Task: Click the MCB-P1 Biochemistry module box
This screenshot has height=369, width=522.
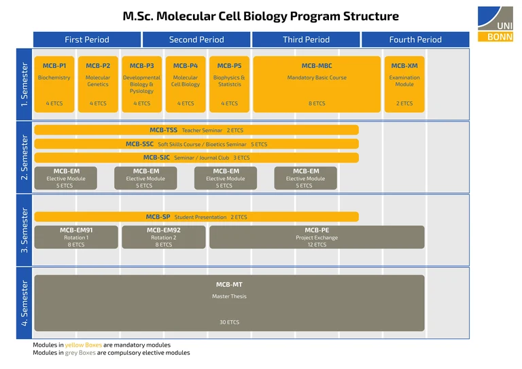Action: pos(54,84)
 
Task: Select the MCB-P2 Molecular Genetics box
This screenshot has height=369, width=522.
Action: pos(98,84)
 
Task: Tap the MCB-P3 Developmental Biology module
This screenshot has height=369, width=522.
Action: pos(141,84)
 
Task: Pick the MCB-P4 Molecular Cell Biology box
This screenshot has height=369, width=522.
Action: pos(186,84)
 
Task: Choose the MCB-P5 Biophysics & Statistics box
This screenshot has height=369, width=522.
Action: pos(229,84)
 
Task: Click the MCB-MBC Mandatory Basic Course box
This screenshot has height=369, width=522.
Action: pos(317,84)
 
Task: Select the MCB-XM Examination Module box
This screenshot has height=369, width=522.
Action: pos(404,84)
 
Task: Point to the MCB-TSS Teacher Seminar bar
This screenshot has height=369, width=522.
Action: pos(196,130)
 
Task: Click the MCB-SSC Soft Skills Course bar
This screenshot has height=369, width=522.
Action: pos(196,144)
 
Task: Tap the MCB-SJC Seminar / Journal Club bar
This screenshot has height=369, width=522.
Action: pos(196,158)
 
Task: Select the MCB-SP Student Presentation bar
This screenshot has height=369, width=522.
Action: pos(196,217)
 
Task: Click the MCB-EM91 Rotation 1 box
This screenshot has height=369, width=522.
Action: pos(76,237)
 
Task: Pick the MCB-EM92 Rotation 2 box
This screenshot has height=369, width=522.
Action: pos(163,237)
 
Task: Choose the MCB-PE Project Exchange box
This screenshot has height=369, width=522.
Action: pos(317,237)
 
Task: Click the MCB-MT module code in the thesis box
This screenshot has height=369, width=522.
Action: pos(229,284)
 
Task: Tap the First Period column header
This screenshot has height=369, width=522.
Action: pos(87,39)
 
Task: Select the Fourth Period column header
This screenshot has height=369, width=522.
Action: pos(415,39)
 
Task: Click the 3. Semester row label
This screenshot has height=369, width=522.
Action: pos(24,230)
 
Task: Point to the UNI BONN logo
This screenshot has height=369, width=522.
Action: pos(500,24)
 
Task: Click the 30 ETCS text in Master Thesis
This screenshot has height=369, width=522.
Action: pos(229,322)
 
